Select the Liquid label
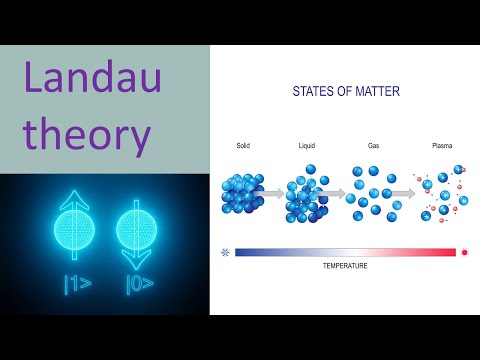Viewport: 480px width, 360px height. click(x=307, y=145)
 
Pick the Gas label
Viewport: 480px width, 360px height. click(x=372, y=145)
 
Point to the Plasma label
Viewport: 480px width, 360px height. click(x=442, y=145)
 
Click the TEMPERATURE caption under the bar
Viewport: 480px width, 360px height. click(x=345, y=266)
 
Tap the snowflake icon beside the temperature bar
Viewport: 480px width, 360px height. click(x=224, y=253)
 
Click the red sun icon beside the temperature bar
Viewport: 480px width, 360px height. click(x=465, y=253)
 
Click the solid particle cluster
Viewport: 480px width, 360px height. click(x=240, y=193)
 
